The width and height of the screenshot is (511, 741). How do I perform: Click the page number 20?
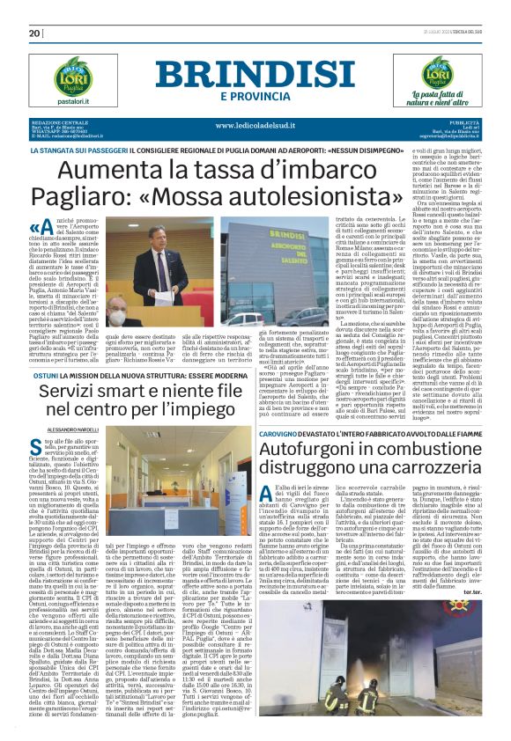(35, 33)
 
